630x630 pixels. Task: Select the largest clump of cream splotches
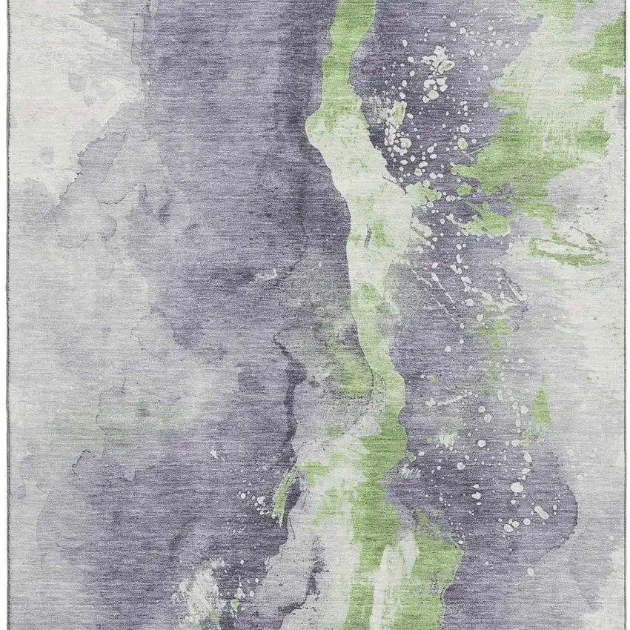(437, 70)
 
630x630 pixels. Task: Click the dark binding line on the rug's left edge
(9, 315)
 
